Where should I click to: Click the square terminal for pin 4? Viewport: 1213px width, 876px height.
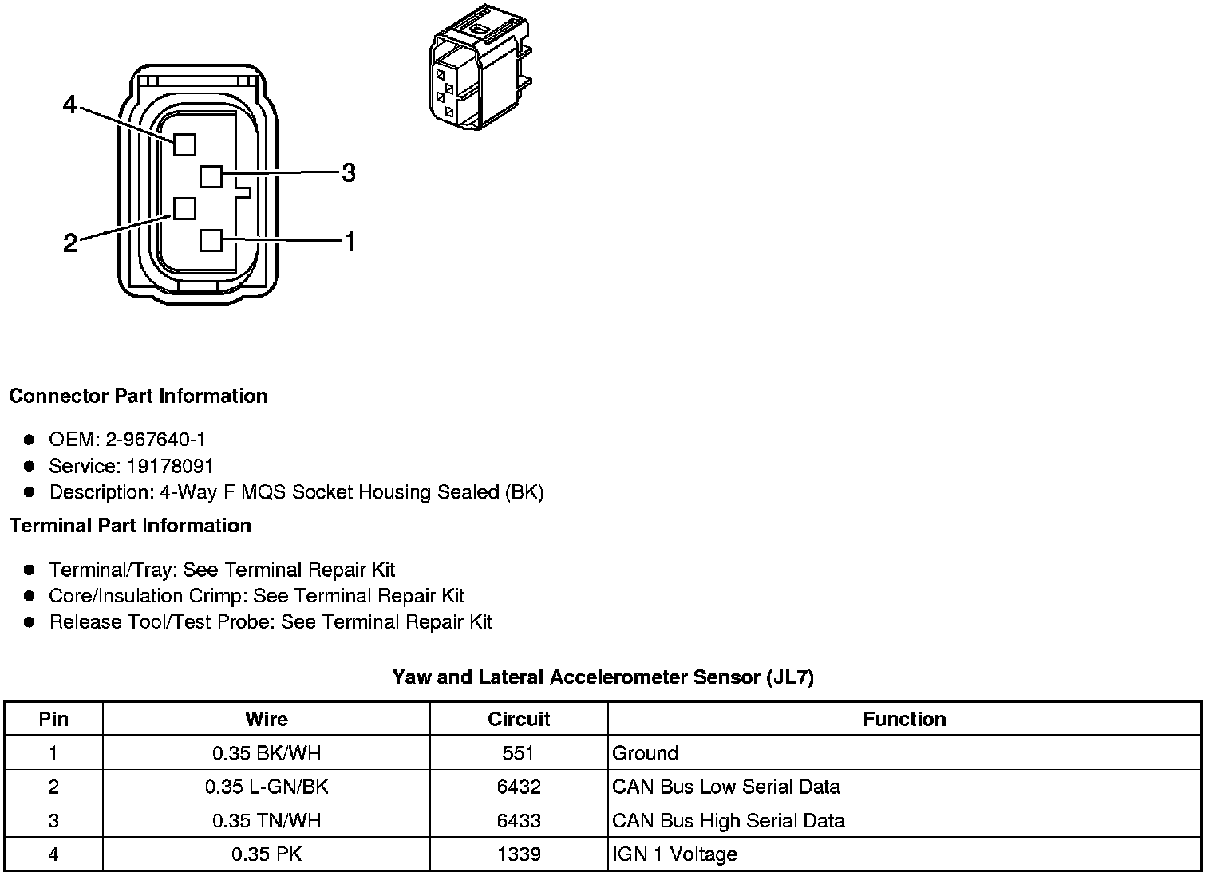184,144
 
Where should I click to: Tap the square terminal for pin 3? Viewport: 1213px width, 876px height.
211,175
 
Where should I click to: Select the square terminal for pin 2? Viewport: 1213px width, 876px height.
184,208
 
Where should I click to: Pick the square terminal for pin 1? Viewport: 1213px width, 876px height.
211,240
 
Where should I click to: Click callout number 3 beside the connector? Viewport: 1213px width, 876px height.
349,172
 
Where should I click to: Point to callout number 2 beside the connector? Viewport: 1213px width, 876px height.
70,243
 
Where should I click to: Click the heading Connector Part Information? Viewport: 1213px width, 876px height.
138,396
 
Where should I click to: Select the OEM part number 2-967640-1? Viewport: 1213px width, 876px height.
160,439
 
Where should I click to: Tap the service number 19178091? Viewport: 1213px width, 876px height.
171,465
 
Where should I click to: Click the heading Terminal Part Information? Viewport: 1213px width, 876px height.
130,525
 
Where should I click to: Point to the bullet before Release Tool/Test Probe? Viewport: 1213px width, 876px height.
30,621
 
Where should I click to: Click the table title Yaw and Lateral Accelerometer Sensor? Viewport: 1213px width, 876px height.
603,677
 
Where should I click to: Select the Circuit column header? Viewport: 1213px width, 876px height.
519,719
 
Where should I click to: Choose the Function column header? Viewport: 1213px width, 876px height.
904,719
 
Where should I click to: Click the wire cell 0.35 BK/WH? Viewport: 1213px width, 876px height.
267,753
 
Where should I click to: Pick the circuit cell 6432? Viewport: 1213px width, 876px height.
519,787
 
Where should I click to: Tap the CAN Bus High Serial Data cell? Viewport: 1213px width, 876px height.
728,820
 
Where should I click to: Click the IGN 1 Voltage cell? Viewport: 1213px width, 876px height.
674,854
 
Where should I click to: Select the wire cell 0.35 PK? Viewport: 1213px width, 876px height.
267,854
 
